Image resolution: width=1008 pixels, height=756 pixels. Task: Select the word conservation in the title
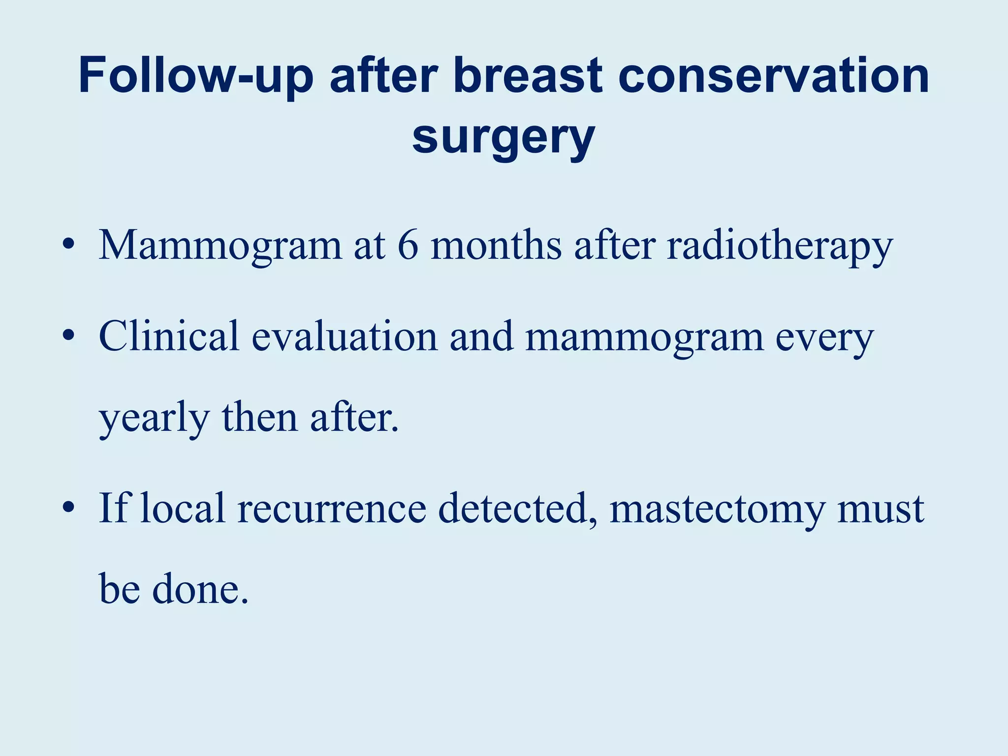(x=774, y=76)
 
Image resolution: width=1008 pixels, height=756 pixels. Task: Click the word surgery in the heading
(x=504, y=138)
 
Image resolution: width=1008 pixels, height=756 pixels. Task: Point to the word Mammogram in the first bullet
(x=220, y=246)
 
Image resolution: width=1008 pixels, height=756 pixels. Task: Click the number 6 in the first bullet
(x=408, y=245)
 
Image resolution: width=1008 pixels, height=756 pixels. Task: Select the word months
(x=496, y=245)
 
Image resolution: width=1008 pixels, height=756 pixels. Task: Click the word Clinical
(x=169, y=336)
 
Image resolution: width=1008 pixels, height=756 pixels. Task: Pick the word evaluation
(x=345, y=336)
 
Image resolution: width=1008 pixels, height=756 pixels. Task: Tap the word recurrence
(x=332, y=508)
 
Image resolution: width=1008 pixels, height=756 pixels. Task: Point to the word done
(x=200, y=589)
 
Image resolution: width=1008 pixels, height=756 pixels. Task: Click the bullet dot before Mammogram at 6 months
(x=69, y=245)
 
